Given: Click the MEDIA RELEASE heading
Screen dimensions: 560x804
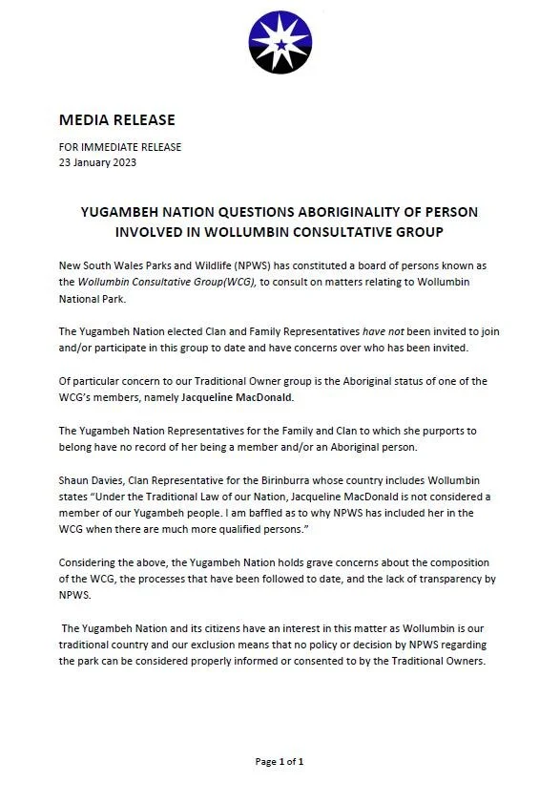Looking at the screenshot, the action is click(x=116, y=120).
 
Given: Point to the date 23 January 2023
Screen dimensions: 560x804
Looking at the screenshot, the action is click(x=97, y=162).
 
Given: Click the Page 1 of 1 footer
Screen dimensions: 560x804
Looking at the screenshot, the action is click(x=280, y=762).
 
